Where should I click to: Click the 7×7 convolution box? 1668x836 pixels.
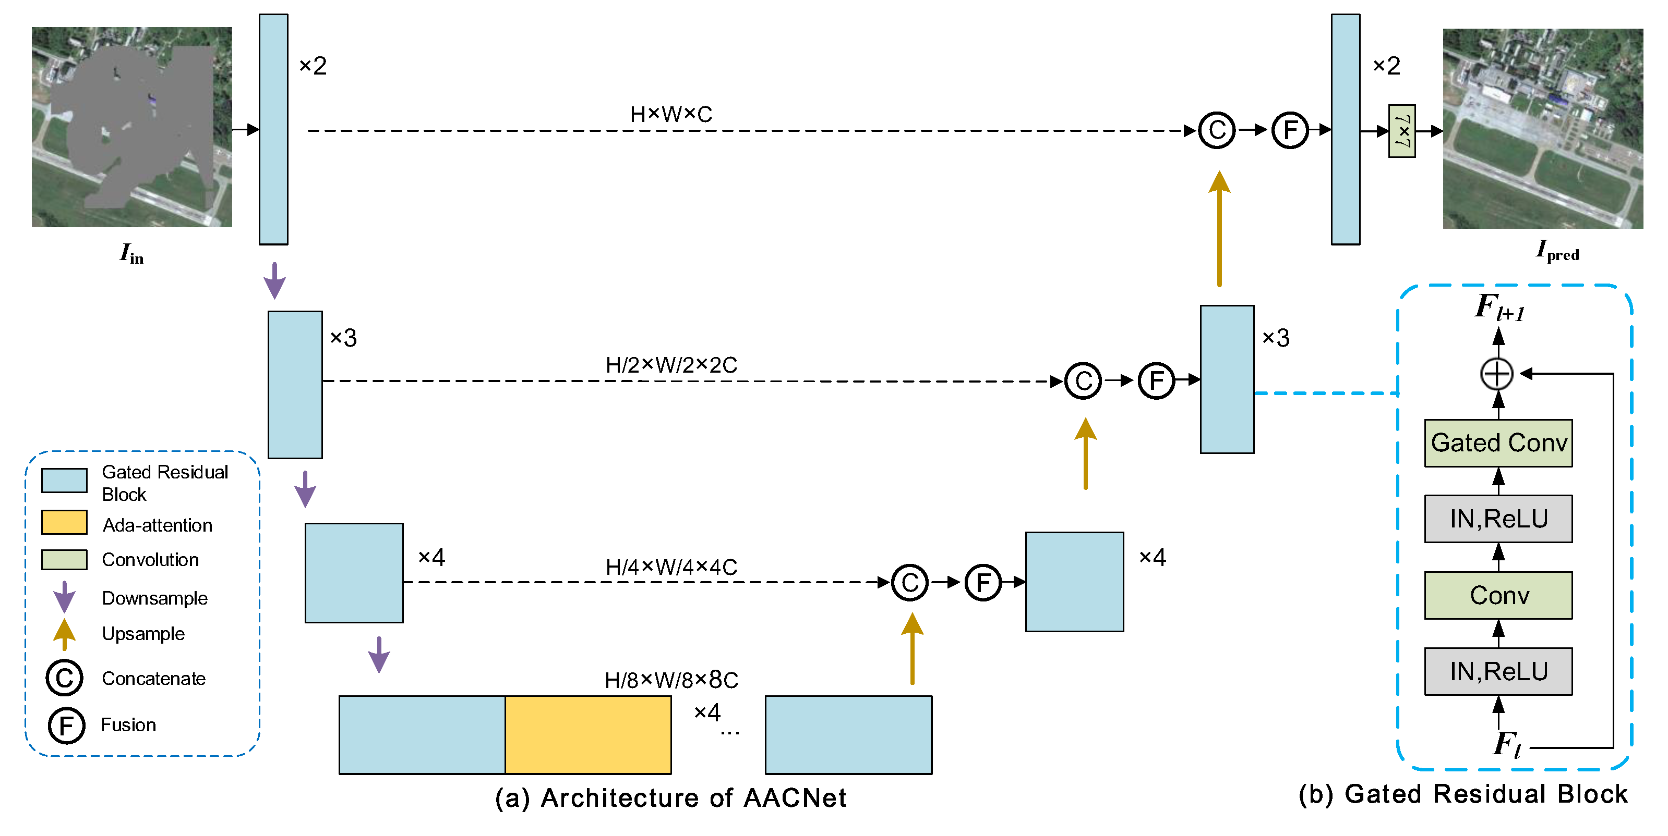click(x=1402, y=131)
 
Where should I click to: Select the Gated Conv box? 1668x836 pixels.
click(x=1498, y=443)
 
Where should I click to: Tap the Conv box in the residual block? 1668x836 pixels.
click(x=1498, y=595)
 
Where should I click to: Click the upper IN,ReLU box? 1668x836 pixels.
click(x=1498, y=519)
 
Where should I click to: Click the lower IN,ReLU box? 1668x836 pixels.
click(x=1498, y=672)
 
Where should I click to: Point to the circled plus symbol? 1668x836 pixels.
click(x=1496, y=374)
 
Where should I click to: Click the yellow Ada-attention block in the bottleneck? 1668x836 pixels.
click(x=588, y=734)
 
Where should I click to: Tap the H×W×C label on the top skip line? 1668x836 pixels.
click(x=671, y=115)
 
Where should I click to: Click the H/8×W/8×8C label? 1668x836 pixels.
click(x=671, y=680)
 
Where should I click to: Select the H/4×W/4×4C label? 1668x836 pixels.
click(x=671, y=568)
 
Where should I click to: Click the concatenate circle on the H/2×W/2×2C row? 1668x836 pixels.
click(x=1083, y=381)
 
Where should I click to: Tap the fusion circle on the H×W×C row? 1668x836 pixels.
click(x=1290, y=130)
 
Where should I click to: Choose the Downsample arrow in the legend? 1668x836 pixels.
click(x=64, y=597)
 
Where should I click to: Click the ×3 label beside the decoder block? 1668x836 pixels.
click(x=1276, y=338)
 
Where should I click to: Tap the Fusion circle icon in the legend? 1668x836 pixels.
click(x=66, y=726)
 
